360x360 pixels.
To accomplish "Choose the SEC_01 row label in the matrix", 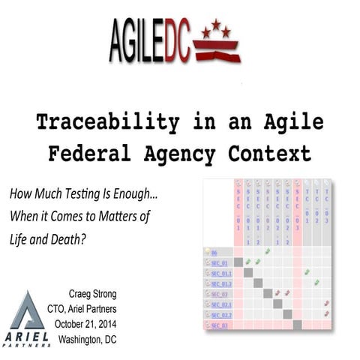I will point(222,262).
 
